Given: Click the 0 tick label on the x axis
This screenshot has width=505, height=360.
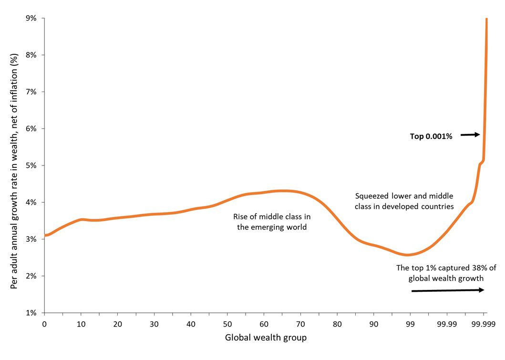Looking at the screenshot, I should (x=44, y=324).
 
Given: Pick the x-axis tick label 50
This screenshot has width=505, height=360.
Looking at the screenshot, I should (x=227, y=324).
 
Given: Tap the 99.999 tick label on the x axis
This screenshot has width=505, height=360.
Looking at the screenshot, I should (x=484, y=324).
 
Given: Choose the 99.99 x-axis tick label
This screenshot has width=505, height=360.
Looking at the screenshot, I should (x=447, y=324).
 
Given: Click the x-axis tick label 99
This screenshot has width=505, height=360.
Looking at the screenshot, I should (x=410, y=324).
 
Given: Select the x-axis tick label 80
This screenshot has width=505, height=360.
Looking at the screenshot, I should (x=337, y=324).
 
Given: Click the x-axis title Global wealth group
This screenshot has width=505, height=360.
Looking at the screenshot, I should (x=266, y=338).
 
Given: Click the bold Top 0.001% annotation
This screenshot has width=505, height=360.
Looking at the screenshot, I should (x=431, y=136).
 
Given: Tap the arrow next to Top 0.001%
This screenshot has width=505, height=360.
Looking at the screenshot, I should (x=470, y=135).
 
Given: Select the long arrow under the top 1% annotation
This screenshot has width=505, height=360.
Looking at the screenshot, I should (x=447, y=290).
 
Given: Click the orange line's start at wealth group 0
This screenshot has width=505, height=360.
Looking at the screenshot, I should (x=45, y=235).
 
